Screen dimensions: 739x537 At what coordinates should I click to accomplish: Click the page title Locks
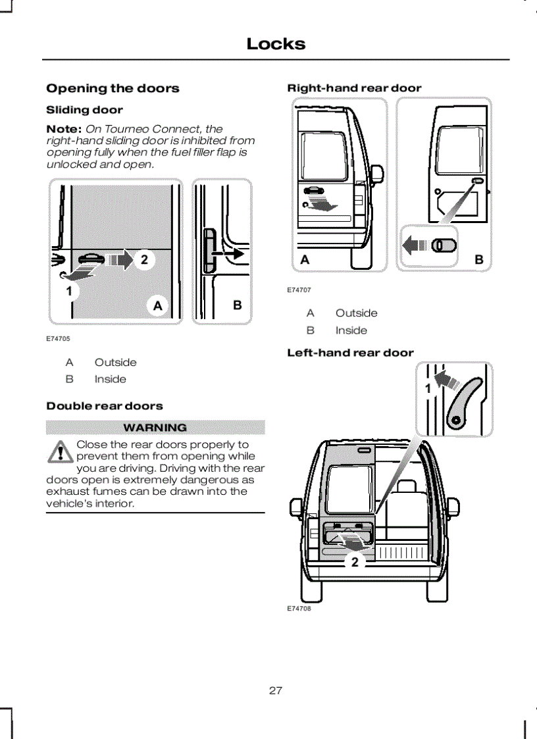tap(276, 44)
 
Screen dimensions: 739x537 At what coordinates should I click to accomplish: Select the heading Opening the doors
tap(113, 88)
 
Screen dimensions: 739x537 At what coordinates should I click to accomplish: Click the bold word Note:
tap(64, 129)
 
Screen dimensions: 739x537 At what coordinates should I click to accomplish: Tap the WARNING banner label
tap(155, 428)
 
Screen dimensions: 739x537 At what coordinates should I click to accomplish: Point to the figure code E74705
tap(58, 339)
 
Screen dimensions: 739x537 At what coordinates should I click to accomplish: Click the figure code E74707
tap(299, 290)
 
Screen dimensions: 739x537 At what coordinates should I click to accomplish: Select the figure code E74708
tap(299, 609)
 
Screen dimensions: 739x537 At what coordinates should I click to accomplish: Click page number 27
tap(276, 690)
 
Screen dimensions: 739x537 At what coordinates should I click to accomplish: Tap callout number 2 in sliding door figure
tap(144, 260)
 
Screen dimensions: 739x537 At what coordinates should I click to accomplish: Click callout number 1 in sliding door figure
tap(68, 290)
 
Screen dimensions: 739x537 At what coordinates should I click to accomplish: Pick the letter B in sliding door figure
tap(238, 305)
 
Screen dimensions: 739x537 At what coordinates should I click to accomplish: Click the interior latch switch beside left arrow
tap(446, 245)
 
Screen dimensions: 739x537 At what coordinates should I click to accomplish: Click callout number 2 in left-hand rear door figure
tap(355, 561)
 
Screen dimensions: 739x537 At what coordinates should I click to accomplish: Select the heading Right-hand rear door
tap(354, 88)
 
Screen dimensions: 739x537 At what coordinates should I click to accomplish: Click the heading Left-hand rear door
tap(350, 353)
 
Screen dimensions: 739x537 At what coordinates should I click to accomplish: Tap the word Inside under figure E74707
tap(351, 330)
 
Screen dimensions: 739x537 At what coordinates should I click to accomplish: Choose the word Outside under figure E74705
tap(115, 362)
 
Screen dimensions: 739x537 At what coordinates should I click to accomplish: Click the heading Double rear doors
tap(105, 406)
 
